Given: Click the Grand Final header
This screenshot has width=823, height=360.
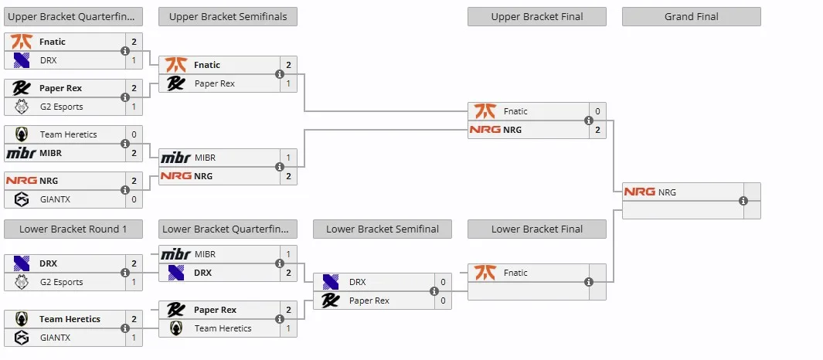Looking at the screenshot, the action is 692,16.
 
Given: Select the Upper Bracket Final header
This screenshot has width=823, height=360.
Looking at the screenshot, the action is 537,16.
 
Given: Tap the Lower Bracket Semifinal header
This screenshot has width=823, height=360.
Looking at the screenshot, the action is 382,229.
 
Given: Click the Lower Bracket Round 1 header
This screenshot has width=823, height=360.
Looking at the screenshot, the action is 73,229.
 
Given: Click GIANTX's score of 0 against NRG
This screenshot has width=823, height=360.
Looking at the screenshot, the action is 134,199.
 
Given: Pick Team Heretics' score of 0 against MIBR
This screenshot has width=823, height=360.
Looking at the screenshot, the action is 134,134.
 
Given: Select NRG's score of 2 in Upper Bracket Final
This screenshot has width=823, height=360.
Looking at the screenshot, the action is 597,130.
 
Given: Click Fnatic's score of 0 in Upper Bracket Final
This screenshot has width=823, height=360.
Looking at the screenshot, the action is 597,111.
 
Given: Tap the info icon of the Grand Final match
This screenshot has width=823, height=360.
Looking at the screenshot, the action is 743,201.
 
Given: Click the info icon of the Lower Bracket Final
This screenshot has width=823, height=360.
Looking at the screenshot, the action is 589,282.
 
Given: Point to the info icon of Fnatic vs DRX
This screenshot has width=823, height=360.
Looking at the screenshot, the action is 125,51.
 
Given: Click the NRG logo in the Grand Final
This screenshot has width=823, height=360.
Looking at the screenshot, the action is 639,192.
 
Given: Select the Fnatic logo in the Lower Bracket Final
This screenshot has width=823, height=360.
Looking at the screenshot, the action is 485,273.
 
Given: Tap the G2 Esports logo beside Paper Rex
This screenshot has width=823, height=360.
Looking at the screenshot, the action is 22,107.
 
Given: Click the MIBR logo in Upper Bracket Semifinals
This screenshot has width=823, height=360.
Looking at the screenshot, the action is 176,158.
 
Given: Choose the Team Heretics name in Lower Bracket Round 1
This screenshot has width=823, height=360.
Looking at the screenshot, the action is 70,319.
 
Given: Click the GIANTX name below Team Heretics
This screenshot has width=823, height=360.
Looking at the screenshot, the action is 55,338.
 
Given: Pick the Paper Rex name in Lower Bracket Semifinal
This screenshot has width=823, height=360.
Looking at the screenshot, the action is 369,301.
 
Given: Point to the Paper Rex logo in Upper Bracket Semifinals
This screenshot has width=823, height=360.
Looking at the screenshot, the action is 175,83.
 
